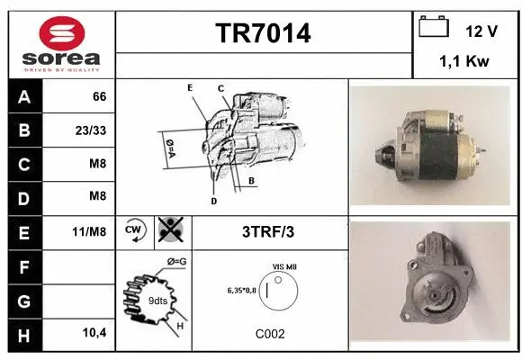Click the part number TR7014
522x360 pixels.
[264, 33]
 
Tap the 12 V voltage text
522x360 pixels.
[481, 31]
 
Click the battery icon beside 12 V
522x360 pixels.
[434, 29]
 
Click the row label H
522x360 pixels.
[23, 332]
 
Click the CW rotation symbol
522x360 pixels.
[134, 230]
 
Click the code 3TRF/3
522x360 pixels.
[269, 231]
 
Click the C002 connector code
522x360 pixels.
[269, 333]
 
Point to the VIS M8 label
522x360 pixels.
[284, 266]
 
